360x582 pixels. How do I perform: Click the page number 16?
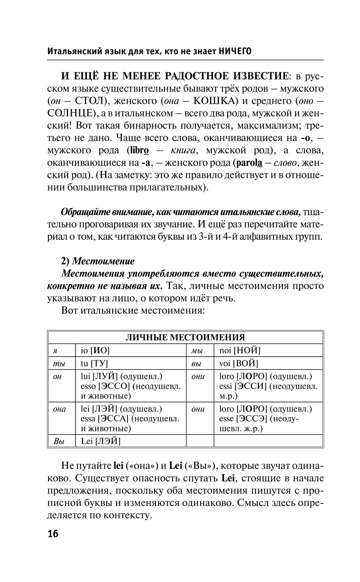[53, 534]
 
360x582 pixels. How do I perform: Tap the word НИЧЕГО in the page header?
[235, 52]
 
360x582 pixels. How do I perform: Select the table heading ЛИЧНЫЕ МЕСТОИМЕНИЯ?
[185, 337]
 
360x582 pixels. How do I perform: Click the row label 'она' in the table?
[59, 409]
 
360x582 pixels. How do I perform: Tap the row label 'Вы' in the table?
[59, 441]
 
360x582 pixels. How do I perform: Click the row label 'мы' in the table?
[197, 350]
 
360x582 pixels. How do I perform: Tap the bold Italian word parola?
[249, 163]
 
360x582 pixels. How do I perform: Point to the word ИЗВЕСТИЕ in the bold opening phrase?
[261, 76]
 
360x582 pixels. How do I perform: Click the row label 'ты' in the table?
[59, 363]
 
